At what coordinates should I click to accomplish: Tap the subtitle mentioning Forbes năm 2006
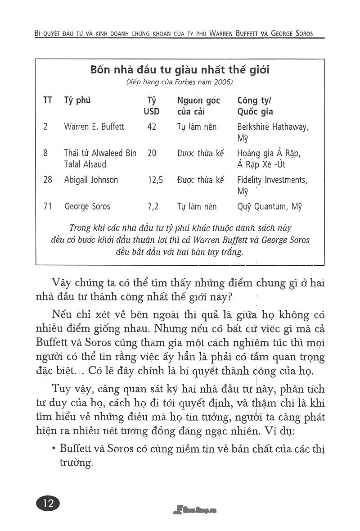coord(180,82)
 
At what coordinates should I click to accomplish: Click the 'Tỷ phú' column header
coord(77,100)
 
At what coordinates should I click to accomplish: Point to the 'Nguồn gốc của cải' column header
coord(198,106)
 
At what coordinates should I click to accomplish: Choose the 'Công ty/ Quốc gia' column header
coord(255,106)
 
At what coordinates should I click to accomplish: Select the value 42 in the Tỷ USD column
coord(152,127)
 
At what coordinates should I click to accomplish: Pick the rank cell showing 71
coord(48,207)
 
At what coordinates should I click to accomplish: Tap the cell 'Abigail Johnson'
coord(91,180)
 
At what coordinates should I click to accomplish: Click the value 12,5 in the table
coord(155,180)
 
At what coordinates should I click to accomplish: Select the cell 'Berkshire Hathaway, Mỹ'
coord(272,132)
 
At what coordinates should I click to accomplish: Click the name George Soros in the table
coord(87,207)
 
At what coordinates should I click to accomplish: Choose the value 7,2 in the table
coord(153,207)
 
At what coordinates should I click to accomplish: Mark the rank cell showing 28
coord(48,180)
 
